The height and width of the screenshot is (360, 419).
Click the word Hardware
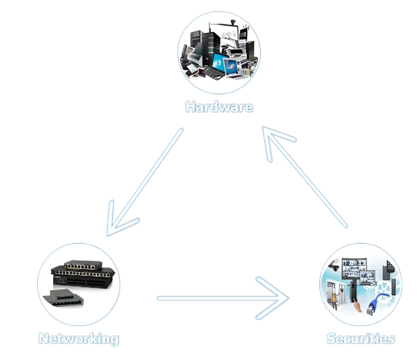coord(219,107)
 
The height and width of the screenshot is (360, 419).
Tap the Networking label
coord(78,339)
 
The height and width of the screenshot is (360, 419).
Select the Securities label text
coord(360,339)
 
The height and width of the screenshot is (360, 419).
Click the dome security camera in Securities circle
coord(335,268)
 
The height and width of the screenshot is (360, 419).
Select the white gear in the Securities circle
coord(385,290)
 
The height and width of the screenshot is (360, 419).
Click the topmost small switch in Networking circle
coord(78,265)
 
